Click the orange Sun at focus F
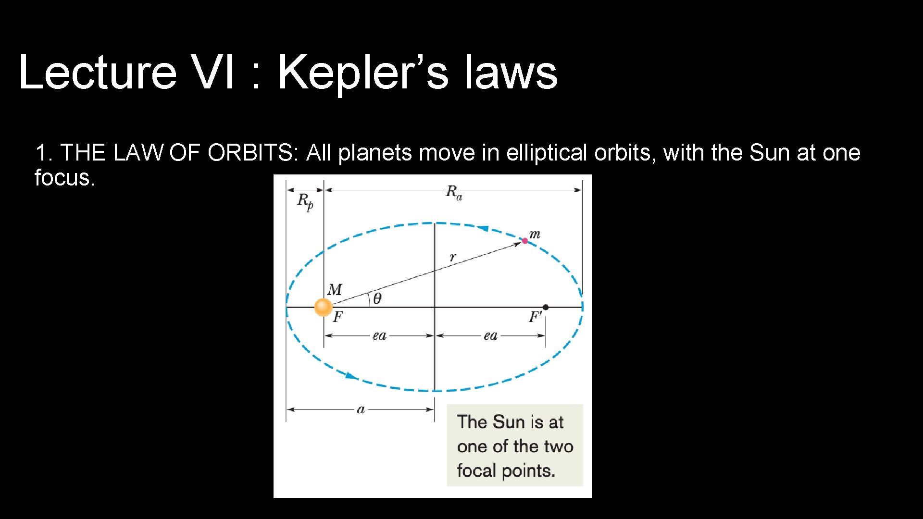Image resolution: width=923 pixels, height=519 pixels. coord(323,307)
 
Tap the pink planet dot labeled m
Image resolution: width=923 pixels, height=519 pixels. coord(524,241)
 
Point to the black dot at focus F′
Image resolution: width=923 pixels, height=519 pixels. coord(546,307)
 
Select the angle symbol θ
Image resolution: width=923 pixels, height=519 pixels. coord(377,299)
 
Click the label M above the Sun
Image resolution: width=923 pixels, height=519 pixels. coord(335,289)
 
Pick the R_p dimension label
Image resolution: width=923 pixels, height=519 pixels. coord(305,201)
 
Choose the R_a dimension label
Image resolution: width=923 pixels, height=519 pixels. coord(453,192)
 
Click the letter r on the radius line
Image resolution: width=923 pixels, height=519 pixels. coord(452,257)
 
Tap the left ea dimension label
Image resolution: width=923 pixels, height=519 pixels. coord(379,335)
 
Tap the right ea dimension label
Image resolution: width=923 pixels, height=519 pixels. coord(490,335)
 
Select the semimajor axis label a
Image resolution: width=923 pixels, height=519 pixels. coord(361,409)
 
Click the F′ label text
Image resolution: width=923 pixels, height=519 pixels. coord(535,317)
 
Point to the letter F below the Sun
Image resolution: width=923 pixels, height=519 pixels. coord(338,317)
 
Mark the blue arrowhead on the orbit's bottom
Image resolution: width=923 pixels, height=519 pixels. coord(351,375)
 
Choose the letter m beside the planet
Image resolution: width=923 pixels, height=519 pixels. coord(535,235)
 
